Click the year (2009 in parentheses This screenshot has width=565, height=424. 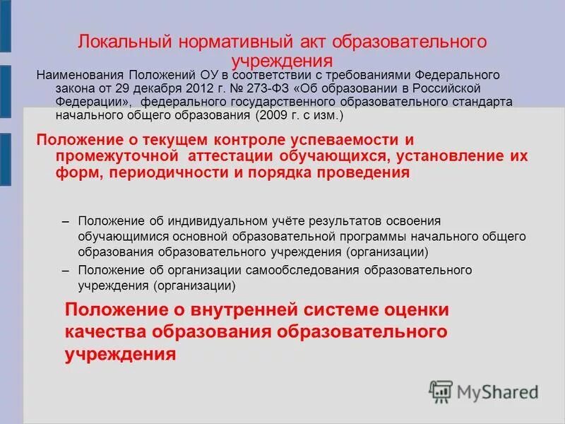[270, 115]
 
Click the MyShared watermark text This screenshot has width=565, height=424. [497, 391]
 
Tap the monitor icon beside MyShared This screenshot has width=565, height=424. [441, 391]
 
